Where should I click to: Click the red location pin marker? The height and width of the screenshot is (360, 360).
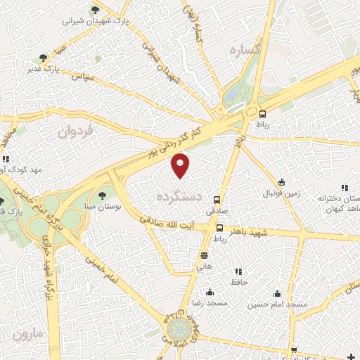tap(181, 166)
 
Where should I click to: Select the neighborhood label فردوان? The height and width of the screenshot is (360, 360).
tap(75, 131)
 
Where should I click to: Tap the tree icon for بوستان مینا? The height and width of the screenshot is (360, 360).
tap(103, 195)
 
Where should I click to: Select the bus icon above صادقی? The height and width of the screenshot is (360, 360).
tap(217, 200)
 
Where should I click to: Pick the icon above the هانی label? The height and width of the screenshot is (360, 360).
tap(204, 255)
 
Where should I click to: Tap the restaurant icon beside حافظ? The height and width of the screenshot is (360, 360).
tap(238, 271)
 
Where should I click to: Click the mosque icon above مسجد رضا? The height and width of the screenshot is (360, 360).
tap(209, 292)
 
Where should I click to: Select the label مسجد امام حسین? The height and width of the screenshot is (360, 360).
tap(278, 305)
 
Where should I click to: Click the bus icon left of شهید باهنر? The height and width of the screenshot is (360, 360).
tap(219, 229)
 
